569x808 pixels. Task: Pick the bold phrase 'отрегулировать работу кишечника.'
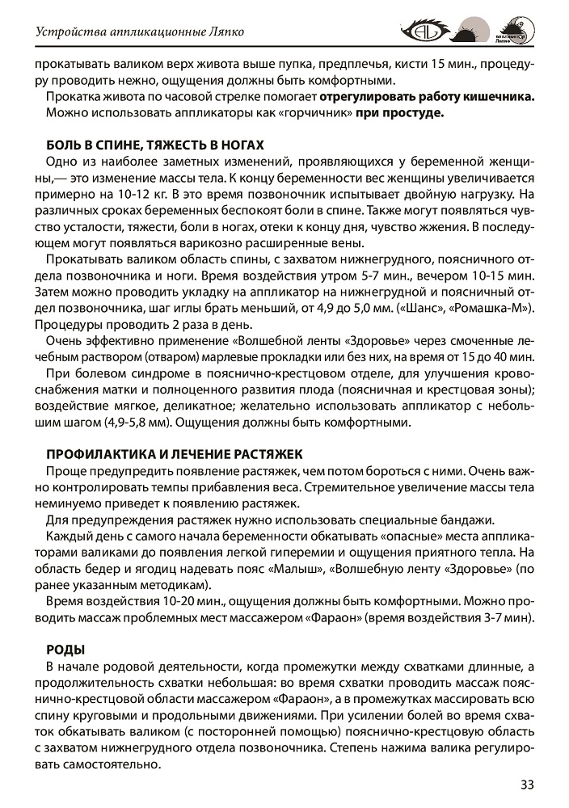coord(428,97)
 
